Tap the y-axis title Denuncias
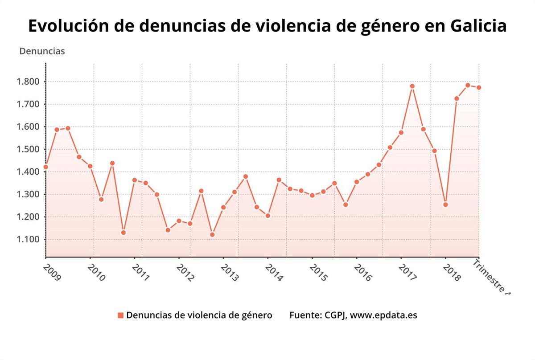point(42,51)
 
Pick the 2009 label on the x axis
point(52,272)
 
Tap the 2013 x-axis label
point(230,272)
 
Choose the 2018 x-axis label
point(452,272)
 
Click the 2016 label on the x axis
point(363,272)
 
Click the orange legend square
point(120,315)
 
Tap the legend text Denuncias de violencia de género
point(199,315)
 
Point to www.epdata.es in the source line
point(383,315)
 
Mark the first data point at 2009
point(45,167)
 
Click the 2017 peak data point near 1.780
point(412,86)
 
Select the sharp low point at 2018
point(445,205)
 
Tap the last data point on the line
point(478,87)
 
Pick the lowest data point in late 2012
point(212,234)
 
